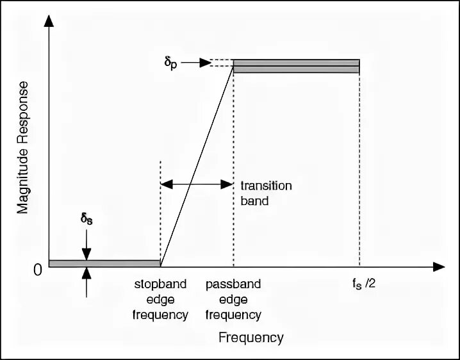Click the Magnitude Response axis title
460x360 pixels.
click(24, 147)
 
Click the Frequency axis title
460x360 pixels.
click(251, 337)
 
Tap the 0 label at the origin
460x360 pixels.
click(38, 270)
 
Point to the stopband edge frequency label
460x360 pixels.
click(160, 299)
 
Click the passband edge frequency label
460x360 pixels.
click(233, 299)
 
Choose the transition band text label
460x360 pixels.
click(265, 192)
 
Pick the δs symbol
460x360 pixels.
click(86, 219)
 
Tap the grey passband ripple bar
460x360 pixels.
click(295, 66)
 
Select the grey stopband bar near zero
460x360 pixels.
click(104, 263)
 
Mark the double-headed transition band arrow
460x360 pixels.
click(197, 184)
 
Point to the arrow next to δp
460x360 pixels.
click(204, 63)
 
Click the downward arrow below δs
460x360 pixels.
click(86, 246)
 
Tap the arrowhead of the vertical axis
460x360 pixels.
click(49, 20)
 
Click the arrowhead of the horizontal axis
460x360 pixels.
click(439, 266)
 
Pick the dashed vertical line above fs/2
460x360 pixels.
click(359, 167)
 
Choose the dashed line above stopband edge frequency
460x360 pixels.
click(160, 211)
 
